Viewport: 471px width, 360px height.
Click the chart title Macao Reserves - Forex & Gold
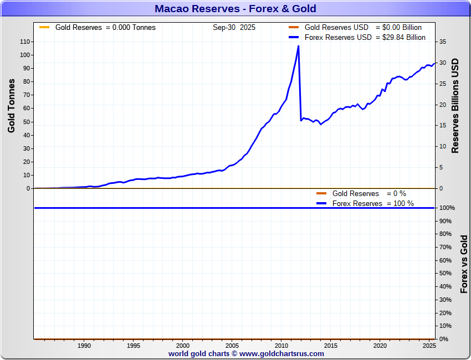pos(235,9)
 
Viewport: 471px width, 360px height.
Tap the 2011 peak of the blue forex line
pos(299,46)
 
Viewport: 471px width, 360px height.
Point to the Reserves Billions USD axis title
pos(455,105)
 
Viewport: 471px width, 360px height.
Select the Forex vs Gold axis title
pos(464,264)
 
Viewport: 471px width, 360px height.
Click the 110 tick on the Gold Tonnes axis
pos(25,42)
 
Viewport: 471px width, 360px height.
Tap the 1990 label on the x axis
pos(84,345)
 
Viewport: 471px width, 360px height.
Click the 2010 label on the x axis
pos(281,345)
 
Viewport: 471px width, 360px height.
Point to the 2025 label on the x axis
pos(428,345)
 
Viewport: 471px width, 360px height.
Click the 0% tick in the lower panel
pos(445,339)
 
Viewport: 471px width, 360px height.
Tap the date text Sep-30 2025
pos(234,27)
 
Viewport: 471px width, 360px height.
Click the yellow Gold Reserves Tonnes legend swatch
pos(44,27)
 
